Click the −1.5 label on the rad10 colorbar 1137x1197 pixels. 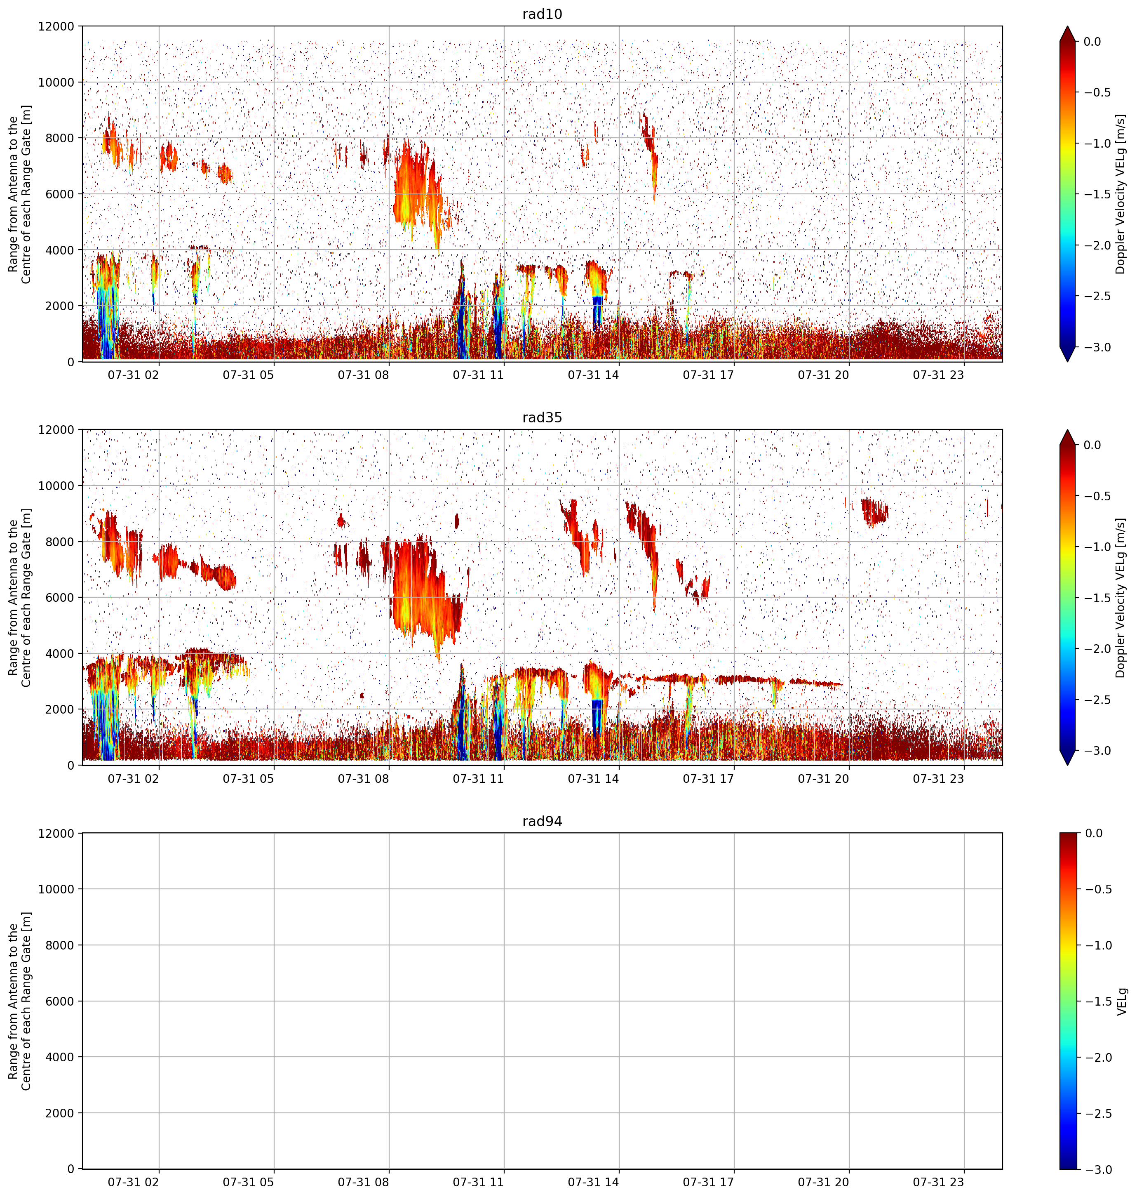tap(1097, 194)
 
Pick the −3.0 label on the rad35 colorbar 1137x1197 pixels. tap(1097, 751)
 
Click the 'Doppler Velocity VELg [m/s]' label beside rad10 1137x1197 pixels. tap(1121, 194)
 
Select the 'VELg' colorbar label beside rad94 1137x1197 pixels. tap(1122, 1001)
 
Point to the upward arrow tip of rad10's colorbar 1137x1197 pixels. tap(1068, 26)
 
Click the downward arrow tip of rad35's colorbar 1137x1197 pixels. tap(1068, 765)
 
